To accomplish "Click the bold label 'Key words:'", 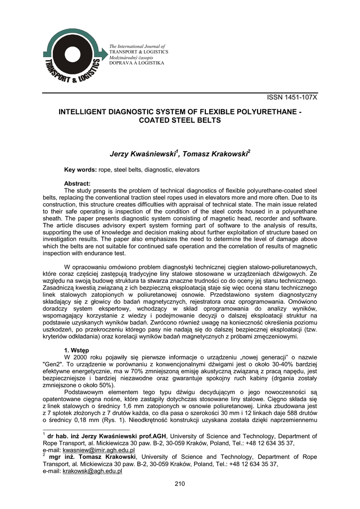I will [x=81, y=170].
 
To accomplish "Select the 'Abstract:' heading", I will [x=77, y=183].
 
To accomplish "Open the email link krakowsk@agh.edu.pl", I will [x=92, y=471].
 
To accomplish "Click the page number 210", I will [x=180, y=485].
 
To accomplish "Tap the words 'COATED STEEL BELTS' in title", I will [x=180, y=120].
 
